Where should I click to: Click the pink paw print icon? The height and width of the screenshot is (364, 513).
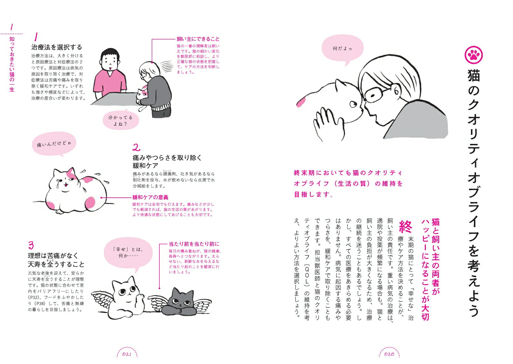tap(473, 55)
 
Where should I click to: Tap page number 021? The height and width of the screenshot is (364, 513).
tap(127, 354)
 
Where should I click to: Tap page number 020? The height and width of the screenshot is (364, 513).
tap(389, 354)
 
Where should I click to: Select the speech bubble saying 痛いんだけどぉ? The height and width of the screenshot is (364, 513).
tap(54, 144)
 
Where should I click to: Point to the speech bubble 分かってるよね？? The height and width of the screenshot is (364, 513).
tap(121, 120)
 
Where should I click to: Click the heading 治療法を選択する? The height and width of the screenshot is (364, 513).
tap(56, 47)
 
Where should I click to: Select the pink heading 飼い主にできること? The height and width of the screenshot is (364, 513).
tap(198, 39)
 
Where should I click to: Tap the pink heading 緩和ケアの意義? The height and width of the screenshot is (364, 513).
tap(150, 197)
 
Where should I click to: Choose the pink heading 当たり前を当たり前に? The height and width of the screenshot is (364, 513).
tap(194, 244)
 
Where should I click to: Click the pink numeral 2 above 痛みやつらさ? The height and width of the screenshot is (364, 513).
tap(137, 147)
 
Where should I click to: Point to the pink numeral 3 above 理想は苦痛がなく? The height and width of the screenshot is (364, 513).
tap(31, 245)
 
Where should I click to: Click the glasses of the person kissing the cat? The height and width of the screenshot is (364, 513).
tap(375, 94)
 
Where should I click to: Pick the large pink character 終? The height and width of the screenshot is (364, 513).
tap(405, 226)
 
